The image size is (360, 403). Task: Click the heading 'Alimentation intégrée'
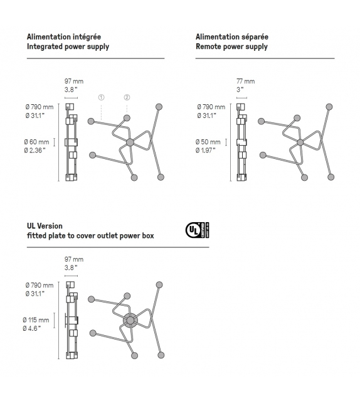tap(64, 37)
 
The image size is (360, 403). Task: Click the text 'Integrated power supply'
tap(68, 46)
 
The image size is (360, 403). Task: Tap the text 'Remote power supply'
tap(231, 46)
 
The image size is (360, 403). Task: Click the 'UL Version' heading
tap(45, 226)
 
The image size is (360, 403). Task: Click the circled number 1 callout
tap(102, 97)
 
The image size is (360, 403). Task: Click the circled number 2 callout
tap(127, 97)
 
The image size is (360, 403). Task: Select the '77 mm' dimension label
tap(245, 82)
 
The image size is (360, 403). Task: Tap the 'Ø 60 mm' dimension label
tap(39, 142)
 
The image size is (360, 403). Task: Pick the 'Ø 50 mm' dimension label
tap(209, 142)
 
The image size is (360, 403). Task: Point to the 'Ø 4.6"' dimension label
tap(35, 328)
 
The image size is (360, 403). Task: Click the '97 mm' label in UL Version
tap(74, 259)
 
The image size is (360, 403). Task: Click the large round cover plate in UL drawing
tap(130, 320)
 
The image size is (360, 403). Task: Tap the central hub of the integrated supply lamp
tap(130, 143)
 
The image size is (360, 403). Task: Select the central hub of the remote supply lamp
tap(300, 143)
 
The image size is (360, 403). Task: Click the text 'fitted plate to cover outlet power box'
tap(90, 236)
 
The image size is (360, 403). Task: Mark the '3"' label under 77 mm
tap(240, 90)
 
